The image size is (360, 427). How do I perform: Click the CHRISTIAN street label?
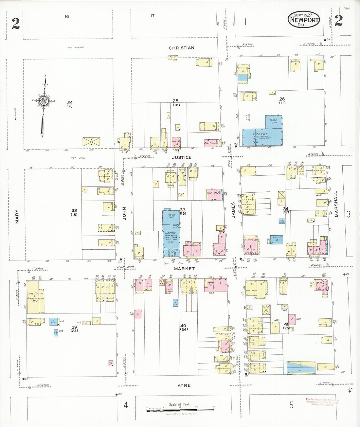(x=181, y=48)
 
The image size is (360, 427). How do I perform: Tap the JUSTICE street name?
(x=182, y=157)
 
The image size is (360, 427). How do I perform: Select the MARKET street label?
(x=184, y=269)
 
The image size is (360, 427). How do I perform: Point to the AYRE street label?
(x=184, y=385)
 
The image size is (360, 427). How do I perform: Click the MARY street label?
(x=17, y=217)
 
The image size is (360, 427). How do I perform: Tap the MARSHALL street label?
(x=336, y=204)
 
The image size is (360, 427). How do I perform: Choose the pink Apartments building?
(x=211, y=143)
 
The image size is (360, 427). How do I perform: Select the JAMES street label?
(x=233, y=210)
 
